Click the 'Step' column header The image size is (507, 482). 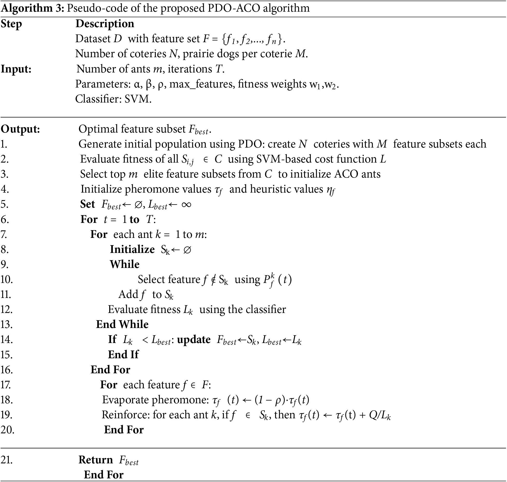(x=11, y=24)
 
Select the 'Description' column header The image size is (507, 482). (x=105, y=24)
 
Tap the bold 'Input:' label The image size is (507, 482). (x=16, y=69)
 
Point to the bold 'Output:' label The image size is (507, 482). (x=20, y=129)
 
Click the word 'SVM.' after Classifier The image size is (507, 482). (x=138, y=99)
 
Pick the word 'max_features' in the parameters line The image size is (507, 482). (x=201, y=84)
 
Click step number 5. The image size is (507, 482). (x=4, y=205)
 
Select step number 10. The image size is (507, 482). (x=6, y=280)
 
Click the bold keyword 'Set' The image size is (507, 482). (x=87, y=204)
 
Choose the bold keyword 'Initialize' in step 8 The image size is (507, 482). (x=132, y=250)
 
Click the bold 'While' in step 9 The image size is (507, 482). (x=124, y=265)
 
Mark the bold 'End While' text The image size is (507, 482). (x=122, y=325)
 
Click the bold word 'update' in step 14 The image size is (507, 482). (x=194, y=340)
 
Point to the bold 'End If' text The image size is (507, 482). (x=123, y=355)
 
